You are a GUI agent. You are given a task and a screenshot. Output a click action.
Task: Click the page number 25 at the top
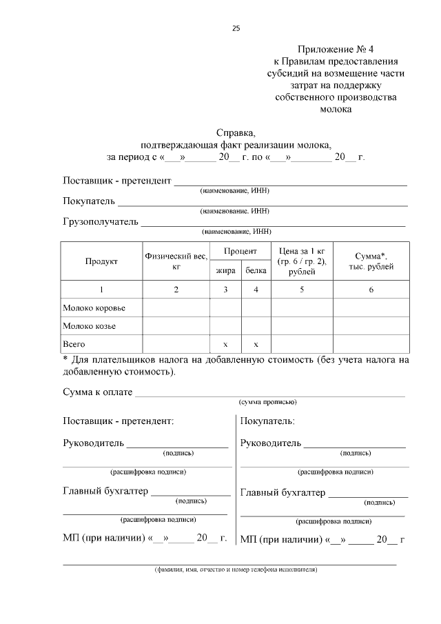click(x=236, y=28)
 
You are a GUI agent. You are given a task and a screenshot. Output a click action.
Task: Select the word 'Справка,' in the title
click(x=236, y=133)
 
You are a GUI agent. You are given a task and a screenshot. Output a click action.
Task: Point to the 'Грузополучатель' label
click(x=101, y=222)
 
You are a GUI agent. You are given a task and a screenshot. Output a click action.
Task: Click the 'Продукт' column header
click(x=101, y=261)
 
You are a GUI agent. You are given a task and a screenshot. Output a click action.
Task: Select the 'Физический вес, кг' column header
click(x=176, y=261)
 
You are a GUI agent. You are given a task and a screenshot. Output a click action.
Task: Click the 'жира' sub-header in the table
click(x=225, y=271)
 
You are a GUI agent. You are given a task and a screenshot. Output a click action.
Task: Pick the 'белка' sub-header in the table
click(x=256, y=271)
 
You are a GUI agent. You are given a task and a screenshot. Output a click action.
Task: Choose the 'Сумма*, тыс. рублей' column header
click(x=370, y=261)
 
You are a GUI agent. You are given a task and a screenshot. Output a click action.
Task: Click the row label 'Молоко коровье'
click(x=94, y=308)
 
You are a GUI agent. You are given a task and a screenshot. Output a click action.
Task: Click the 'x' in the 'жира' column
click(x=225, y=343)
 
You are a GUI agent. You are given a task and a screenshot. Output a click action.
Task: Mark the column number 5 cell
click(x=302, y=290)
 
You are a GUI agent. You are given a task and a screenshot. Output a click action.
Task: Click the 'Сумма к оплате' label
click(x=97, y=392)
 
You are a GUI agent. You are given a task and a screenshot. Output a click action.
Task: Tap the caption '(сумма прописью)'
click(x=267, y=402)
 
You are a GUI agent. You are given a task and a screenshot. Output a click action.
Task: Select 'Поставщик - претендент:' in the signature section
click(x=118, y=420)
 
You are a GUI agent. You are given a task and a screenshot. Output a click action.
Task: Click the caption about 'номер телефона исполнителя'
click(x=235, y=570)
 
